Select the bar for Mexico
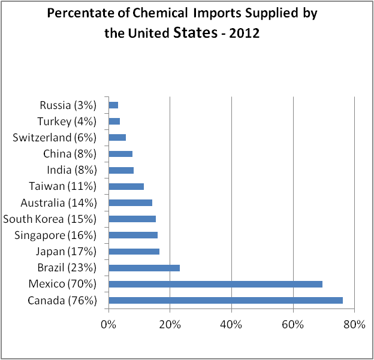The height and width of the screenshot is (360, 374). coord(215,284)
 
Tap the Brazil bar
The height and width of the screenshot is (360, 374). coord(144,268)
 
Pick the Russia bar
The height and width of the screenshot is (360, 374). coord(113,105)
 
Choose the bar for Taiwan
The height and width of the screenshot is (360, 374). coord(126,186)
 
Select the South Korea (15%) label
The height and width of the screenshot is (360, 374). coord(50,219)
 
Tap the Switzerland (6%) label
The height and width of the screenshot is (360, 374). coord(55,138)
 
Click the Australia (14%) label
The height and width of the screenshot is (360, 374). coord(59,203)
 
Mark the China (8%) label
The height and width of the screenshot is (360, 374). coord(70,154)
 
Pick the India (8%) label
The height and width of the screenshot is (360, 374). coord(71,170)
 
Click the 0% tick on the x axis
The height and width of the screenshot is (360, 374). coord(108,325)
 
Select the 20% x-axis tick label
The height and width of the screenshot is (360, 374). coord(170,325)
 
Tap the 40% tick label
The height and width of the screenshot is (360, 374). coord(231,325)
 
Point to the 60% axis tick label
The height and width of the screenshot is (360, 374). coord(292,325)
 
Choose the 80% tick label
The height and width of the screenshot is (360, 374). coord(354,325)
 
